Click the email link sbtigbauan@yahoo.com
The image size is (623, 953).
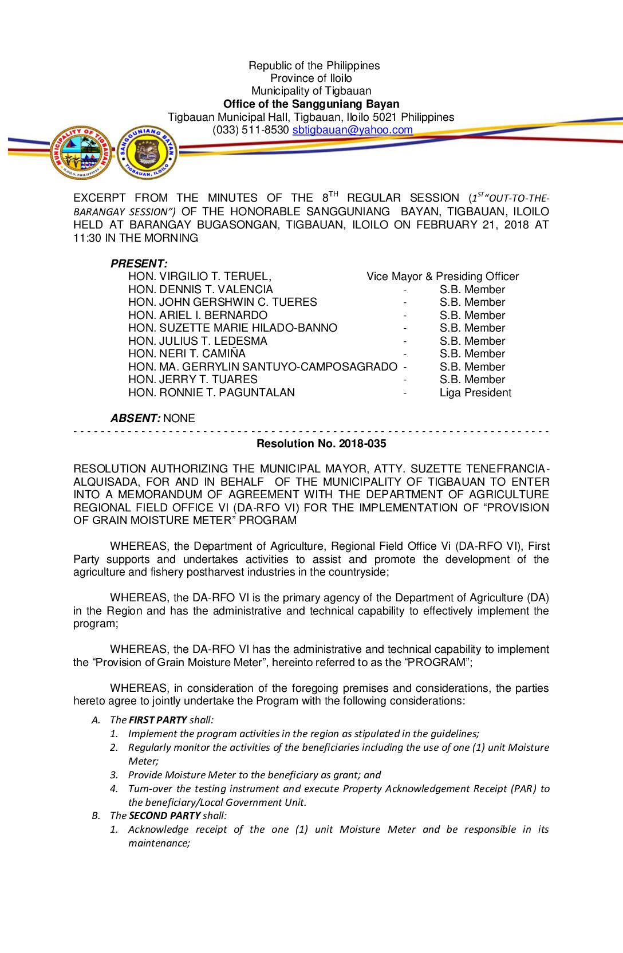(352, 130)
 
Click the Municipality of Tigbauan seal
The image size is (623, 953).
(80, 152)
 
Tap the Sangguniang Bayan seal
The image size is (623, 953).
(147, 152)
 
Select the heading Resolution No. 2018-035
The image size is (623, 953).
(321, 444)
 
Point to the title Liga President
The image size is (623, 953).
(475, 393)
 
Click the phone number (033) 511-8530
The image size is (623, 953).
(251, 130)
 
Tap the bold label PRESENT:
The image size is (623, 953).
(139, 264)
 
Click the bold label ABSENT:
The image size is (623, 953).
(136, 419)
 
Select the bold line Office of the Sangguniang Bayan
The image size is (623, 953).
(311, 104)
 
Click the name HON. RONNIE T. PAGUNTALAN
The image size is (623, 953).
(211, 393)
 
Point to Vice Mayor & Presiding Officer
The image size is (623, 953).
(443, 277)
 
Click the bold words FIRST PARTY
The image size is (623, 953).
(158, 720)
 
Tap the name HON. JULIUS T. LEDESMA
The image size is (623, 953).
(198, 341)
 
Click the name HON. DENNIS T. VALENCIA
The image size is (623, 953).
(200, 290)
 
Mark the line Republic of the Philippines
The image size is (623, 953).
(314, 66)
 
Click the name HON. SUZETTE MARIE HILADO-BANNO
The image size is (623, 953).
(232, 328)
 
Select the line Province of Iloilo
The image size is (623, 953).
(311, 78)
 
